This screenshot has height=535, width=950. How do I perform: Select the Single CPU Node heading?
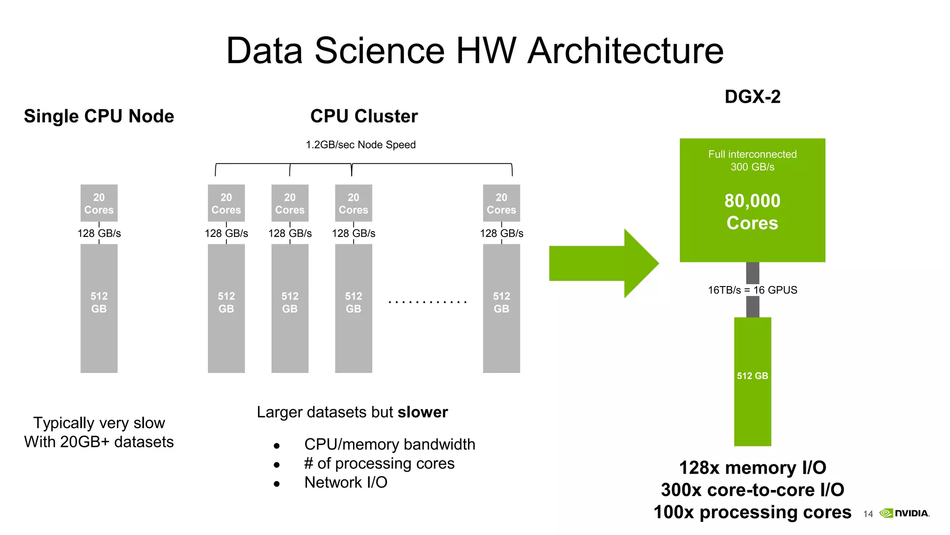pos(99,116)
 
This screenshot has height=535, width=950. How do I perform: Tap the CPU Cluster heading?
pos(364,116)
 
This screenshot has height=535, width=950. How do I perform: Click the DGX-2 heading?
pos(752,97)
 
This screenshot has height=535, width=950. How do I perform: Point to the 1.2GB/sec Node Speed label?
pos(360,144)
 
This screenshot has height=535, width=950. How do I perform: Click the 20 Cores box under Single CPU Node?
pos(99,203)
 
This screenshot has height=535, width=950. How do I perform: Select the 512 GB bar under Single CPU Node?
pos(99,308)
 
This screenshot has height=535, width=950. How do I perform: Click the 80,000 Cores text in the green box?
pos(752,212)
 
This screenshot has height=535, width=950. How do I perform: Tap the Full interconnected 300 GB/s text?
pos(752,160)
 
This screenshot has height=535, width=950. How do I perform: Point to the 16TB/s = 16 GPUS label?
pos(752,290)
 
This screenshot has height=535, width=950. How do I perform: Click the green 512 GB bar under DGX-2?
pos(752,381)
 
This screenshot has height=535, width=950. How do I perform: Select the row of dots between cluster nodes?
pos(427,302)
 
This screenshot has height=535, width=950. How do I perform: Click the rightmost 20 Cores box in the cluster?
pos(501,203)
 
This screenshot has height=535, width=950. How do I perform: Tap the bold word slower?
pos(423,412)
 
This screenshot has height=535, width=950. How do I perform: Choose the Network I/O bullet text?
pos(346,482)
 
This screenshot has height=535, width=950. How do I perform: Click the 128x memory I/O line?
pos(752,468)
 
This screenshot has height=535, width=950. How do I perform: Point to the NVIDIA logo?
pos(904,513)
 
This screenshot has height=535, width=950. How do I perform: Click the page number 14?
pos(868,514)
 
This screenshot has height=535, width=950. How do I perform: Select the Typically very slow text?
pos(99,423)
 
